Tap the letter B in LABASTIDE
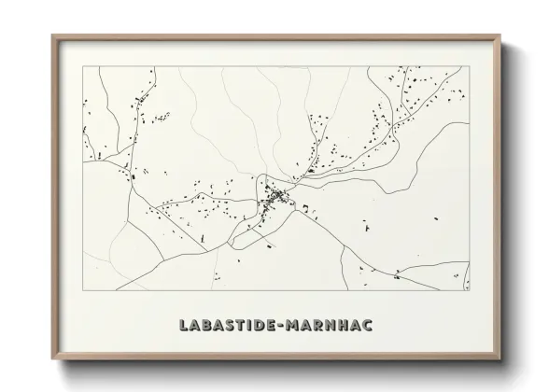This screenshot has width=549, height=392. pos(210,325)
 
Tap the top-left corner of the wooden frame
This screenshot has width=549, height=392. pos(52,35)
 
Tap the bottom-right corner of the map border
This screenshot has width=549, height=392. pos(470,289)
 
